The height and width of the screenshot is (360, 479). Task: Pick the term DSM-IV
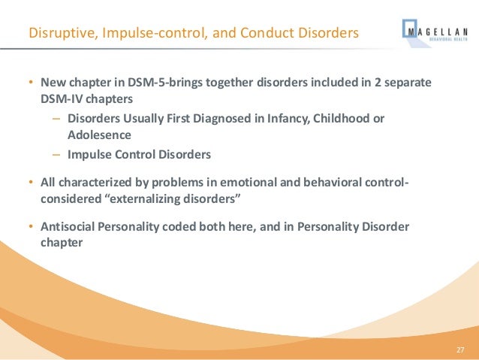(62, 98)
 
